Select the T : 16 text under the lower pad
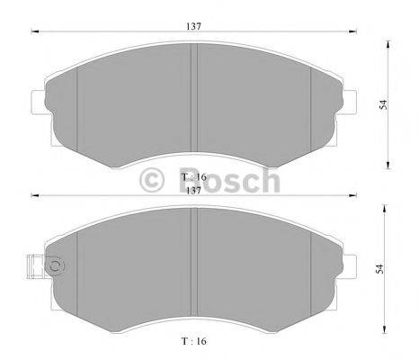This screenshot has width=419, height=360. [x=193, y=342]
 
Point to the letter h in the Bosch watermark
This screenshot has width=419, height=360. [x=268, y=180]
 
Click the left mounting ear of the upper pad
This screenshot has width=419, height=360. [x=38, y=102]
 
